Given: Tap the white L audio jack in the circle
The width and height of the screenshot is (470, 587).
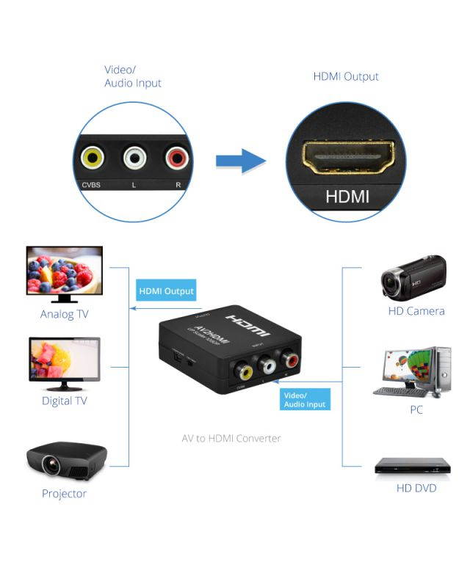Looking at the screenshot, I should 134,156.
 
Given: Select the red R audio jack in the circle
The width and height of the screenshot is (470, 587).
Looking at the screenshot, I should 176,156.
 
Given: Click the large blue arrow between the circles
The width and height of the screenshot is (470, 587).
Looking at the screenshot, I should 242,161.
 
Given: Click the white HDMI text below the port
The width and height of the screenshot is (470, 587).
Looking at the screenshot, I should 347,196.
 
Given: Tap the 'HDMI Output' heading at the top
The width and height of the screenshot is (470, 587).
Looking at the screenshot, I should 346,76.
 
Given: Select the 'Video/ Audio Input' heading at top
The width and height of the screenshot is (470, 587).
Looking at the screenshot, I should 132,76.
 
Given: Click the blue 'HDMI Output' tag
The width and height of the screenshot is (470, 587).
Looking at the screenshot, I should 167,291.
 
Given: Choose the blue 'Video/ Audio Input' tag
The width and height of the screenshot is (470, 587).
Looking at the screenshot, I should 305,399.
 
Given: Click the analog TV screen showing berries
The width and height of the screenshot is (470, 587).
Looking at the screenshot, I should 64,269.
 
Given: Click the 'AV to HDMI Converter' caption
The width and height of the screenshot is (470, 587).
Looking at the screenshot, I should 231,438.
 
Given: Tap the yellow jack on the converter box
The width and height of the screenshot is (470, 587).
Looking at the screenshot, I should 240,371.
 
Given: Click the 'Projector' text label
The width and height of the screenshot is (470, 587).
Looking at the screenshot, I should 64,494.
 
